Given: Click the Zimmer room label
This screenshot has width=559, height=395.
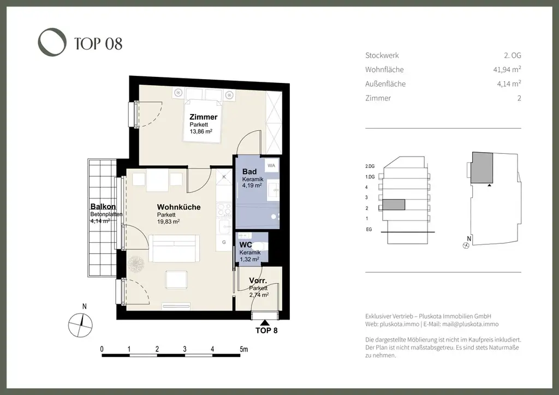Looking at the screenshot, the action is point(203,117).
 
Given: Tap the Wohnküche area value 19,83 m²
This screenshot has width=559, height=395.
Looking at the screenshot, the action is point(168,222).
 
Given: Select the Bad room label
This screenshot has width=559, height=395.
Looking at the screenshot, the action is point(249,172).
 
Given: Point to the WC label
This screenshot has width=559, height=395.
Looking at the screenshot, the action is point(246,245).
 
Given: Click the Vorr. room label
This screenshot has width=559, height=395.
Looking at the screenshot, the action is point(258,280).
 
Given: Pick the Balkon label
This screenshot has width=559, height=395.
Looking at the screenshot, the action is point(103,207).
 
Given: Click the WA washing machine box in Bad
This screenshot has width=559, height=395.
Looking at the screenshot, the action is point(271,166).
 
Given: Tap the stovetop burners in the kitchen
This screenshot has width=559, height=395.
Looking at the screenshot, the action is point(224,210).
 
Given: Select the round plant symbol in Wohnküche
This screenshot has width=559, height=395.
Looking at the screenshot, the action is point(136,264).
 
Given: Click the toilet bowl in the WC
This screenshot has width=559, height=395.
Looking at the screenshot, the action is point(262,245).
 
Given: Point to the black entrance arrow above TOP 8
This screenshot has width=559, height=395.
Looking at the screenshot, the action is point(265,322).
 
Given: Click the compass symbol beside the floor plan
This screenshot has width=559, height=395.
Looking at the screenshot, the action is point(81,325).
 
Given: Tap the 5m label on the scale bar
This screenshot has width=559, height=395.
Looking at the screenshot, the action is point(244,349).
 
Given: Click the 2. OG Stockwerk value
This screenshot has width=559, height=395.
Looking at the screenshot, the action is point(513,55).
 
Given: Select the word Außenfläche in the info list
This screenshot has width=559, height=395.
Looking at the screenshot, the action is point(385,83).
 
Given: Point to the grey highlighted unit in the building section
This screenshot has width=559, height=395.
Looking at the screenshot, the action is point(394,205).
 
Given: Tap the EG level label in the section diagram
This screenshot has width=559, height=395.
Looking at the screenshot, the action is point(369,229).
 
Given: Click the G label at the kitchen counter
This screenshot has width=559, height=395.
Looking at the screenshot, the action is point(224,242).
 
